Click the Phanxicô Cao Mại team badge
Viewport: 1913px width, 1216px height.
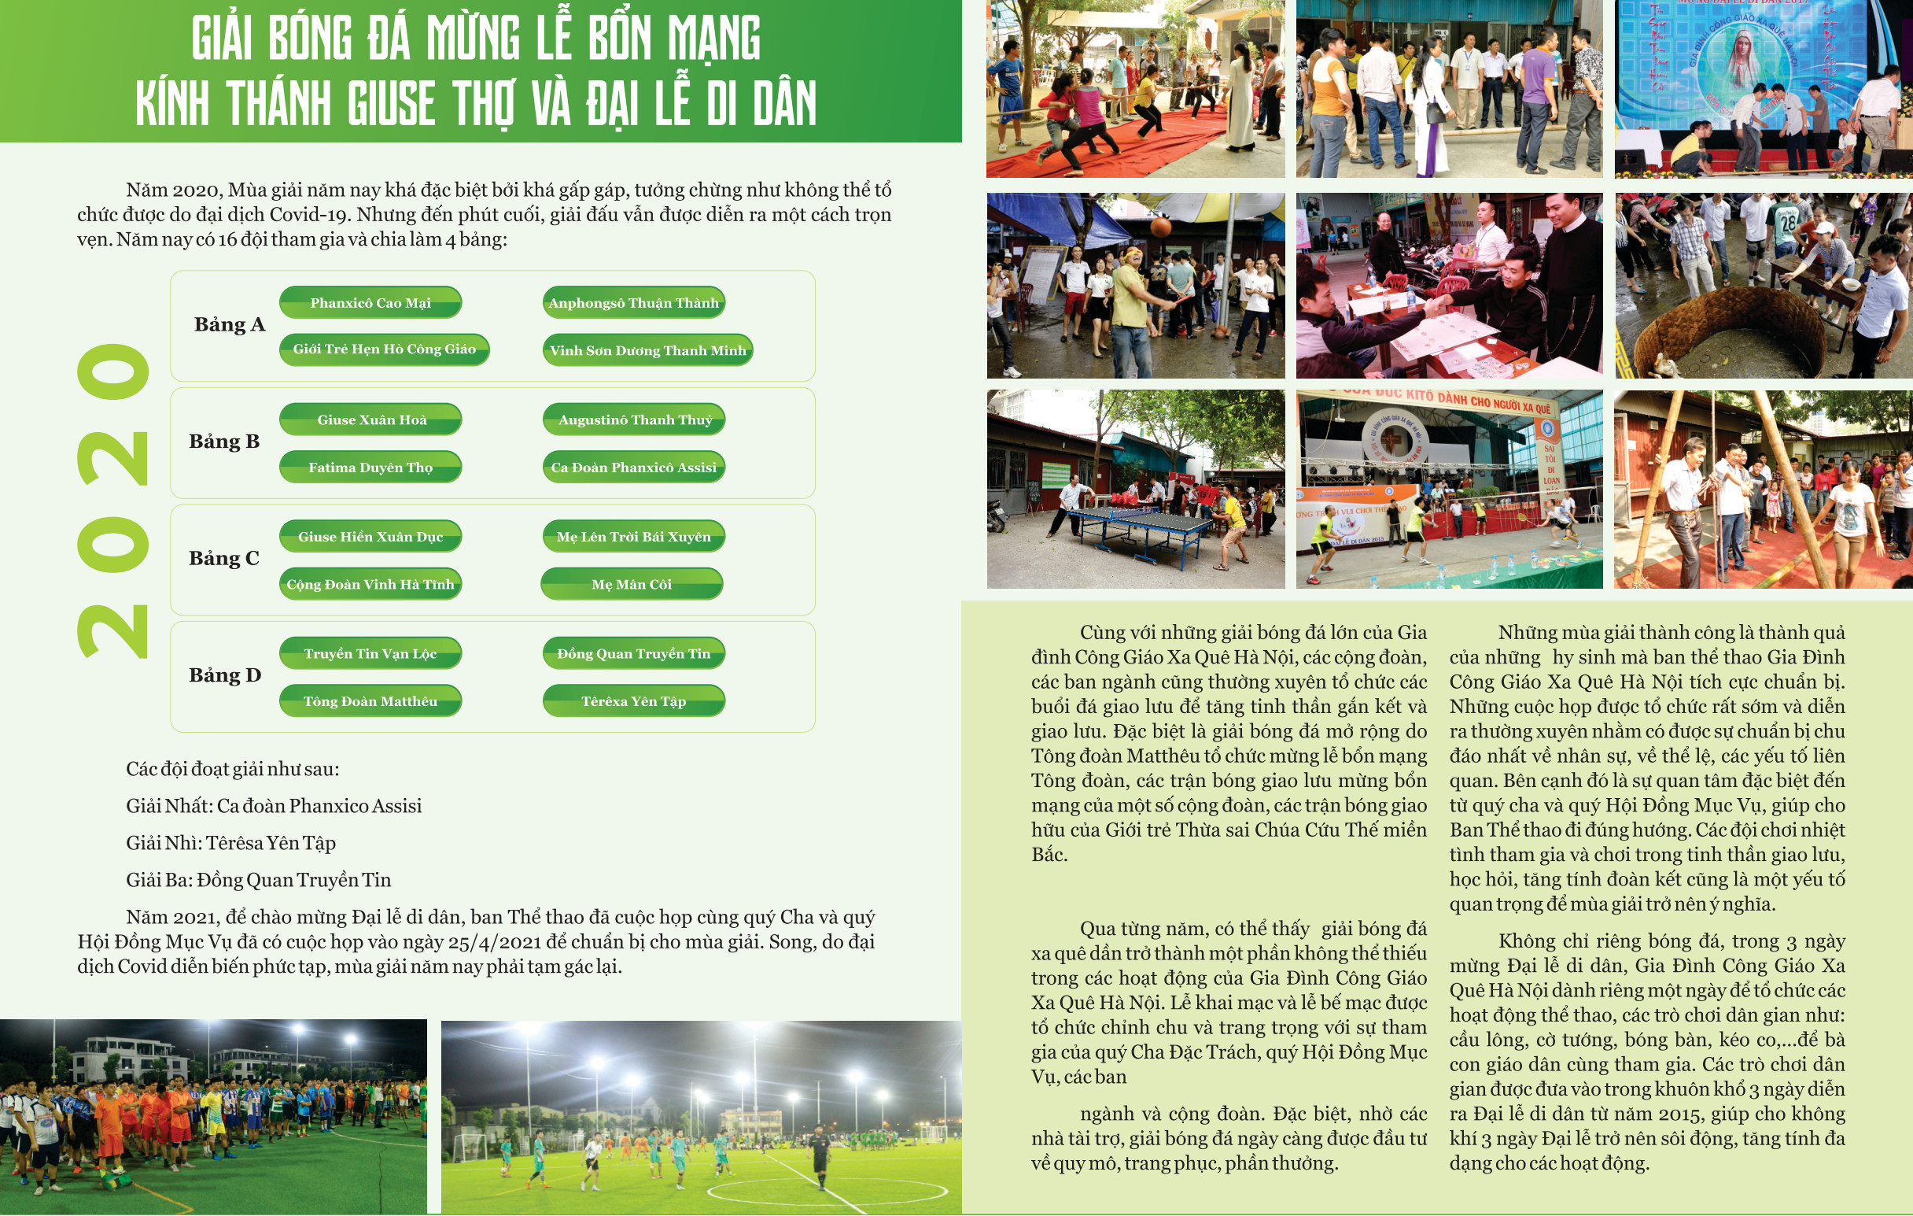click(x=370, y=303)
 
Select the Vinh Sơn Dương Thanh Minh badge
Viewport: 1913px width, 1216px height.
click(x=647, y=350)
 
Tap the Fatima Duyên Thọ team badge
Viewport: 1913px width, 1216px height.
click(x=370, y=468)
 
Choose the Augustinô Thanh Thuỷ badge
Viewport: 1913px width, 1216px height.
click(x=634, y=420)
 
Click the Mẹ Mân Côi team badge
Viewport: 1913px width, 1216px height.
click(x=632, y=584)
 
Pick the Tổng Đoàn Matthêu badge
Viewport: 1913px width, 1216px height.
click(x=370, y=701)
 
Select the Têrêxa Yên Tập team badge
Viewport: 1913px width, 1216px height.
click(x=633, y=701)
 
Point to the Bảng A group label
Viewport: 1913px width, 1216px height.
click(x=230, y=324)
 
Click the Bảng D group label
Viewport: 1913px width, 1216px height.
click(x=225, y=675)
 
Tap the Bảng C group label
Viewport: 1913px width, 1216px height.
click(x=224, y=558)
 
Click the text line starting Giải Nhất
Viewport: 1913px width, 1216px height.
click(x=273, y=806)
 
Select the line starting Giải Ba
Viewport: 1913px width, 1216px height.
click(x=258, y=880)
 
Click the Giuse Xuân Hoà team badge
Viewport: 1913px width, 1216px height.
click(x=371, y=420)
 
